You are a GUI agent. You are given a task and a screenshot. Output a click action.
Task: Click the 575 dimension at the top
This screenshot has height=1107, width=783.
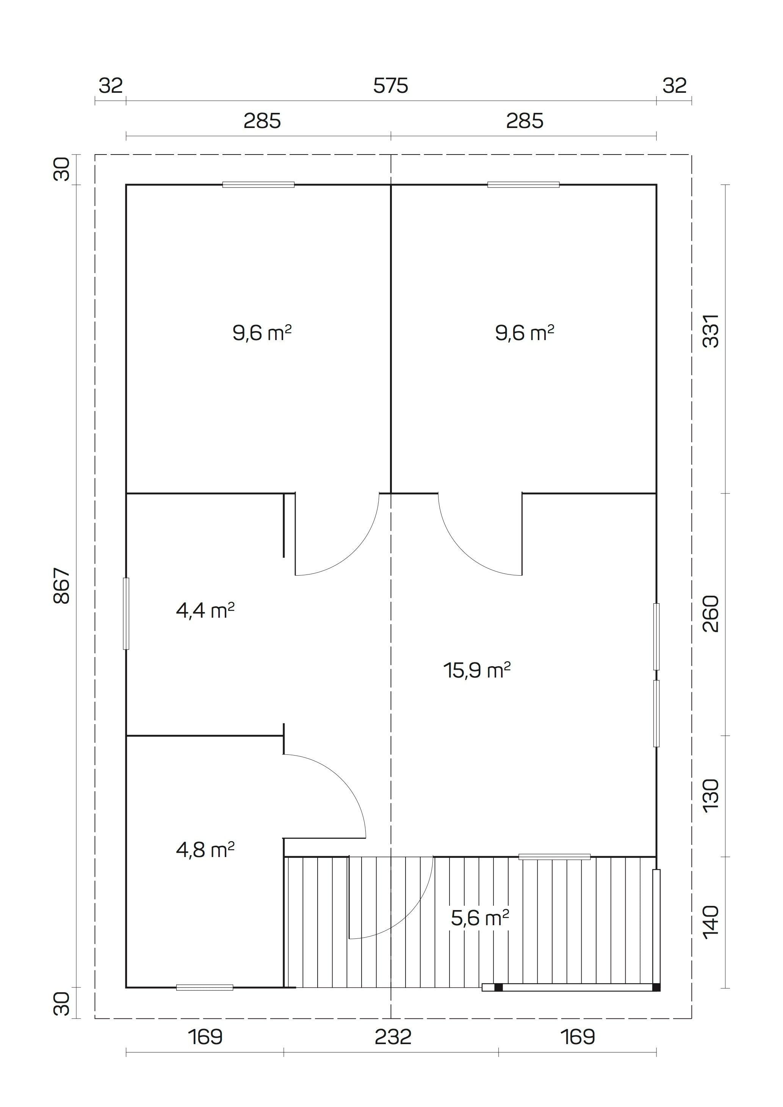(390, 86)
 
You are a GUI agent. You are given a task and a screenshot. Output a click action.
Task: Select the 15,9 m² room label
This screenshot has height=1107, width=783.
(477, 670)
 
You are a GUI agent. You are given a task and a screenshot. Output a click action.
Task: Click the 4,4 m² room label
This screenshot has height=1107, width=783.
(205, 611)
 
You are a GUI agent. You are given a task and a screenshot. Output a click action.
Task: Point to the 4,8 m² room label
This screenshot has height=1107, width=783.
(205, 849)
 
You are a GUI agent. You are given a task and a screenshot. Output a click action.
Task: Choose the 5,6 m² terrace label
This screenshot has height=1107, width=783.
(479, 918)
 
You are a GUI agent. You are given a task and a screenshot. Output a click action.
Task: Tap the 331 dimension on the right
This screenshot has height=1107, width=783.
(711, 331)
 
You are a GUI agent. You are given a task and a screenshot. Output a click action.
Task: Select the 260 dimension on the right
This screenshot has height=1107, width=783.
(711, 614)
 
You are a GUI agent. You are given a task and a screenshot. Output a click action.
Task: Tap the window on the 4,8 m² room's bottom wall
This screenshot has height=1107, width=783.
(205, 987)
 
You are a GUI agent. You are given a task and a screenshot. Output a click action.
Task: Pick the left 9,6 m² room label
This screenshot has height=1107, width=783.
(262, 333)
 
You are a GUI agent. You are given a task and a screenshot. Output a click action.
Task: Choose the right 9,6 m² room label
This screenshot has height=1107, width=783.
(525, 333)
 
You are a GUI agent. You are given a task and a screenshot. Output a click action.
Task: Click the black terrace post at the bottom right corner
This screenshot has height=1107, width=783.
(656, 987)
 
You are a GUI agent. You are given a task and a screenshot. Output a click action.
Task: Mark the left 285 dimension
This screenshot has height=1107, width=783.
(262, 121)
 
